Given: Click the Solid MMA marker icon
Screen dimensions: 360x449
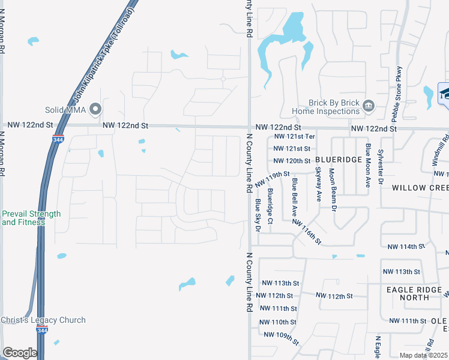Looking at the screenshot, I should [x=95, y=109].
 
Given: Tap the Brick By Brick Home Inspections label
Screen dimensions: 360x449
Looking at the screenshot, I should [x=326, y=107].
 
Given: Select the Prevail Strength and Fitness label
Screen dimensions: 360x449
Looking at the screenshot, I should [x=31, y=218].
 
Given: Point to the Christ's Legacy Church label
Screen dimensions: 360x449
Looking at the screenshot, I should [x=43, y=320].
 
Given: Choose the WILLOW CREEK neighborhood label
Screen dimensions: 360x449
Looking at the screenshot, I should [x=421, y=188].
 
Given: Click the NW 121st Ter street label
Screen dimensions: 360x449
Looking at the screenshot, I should [x=294, y=137].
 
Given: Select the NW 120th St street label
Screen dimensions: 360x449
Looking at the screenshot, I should [x=292, y=161].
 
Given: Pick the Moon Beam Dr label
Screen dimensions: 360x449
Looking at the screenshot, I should [x=331, y=190].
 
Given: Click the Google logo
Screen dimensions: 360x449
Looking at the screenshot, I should [x=20, y=353].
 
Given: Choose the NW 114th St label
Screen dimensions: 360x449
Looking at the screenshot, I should [x=406, y=247].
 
